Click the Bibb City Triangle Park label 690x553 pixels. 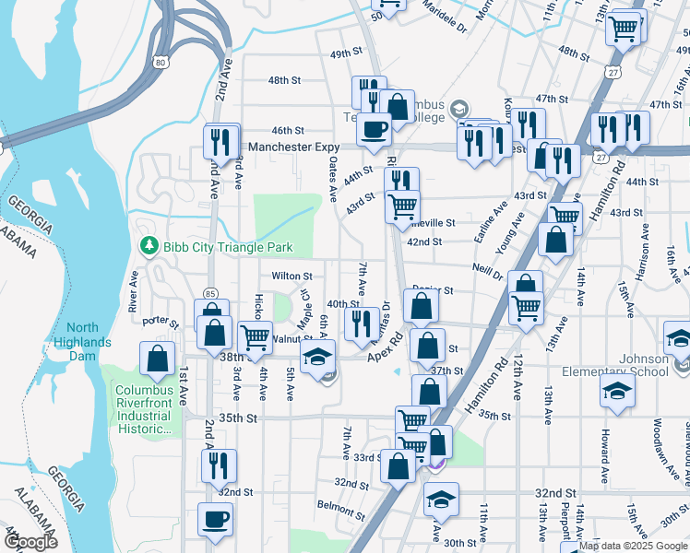coord(228,247)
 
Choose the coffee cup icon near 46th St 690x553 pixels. coord(374,130)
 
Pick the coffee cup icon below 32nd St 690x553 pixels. coord(215,519)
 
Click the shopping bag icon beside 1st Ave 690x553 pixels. coord(158,359)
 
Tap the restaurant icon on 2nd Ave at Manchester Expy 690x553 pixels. coord(220,142)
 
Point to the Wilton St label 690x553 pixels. coord(291,276)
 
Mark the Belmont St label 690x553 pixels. coord(335,505)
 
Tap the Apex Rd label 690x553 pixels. coord(387,347)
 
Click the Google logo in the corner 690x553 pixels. coord(31,542)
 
